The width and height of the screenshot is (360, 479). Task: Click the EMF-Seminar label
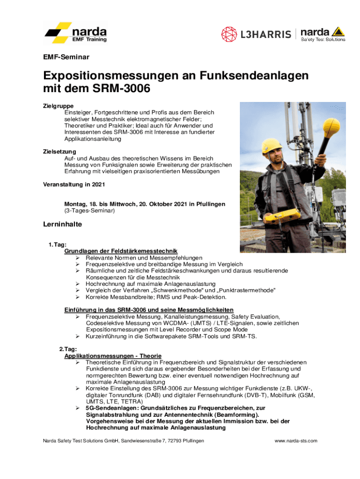[66, 58]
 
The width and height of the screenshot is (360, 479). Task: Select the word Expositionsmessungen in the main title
[118, 76]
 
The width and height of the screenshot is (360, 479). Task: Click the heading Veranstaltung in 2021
[74, 184]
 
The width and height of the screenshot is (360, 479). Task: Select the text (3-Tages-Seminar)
[89, 211]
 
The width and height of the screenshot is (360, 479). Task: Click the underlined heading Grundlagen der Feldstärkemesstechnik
[121, 251]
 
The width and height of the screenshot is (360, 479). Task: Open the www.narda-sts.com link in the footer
[296, 441]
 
